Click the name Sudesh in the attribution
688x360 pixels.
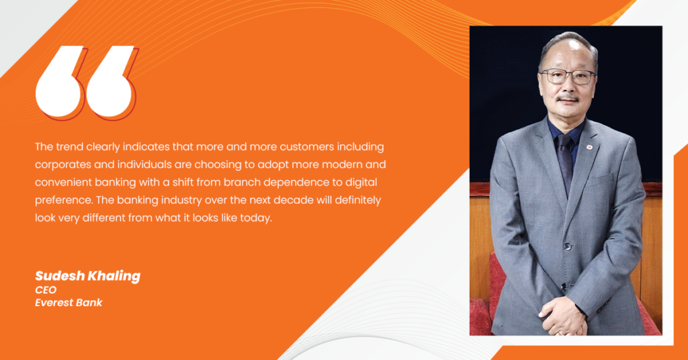pyautogui.click(x=60, y=276)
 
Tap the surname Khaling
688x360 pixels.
pyautogui.click(x=114, y=276)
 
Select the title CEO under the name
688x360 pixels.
pyautogui.click(x=46, y=290)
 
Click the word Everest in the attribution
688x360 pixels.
pyautogui.click(x=52, y=302)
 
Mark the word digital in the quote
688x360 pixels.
pyautogui.click(x=361, y=183)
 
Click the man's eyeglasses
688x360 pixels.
pyautogui.click(x=568, y=77)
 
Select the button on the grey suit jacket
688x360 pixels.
pyautogui.click(x=568, y=246)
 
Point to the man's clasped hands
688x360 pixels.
pyautogui.click(x=563, y=315)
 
